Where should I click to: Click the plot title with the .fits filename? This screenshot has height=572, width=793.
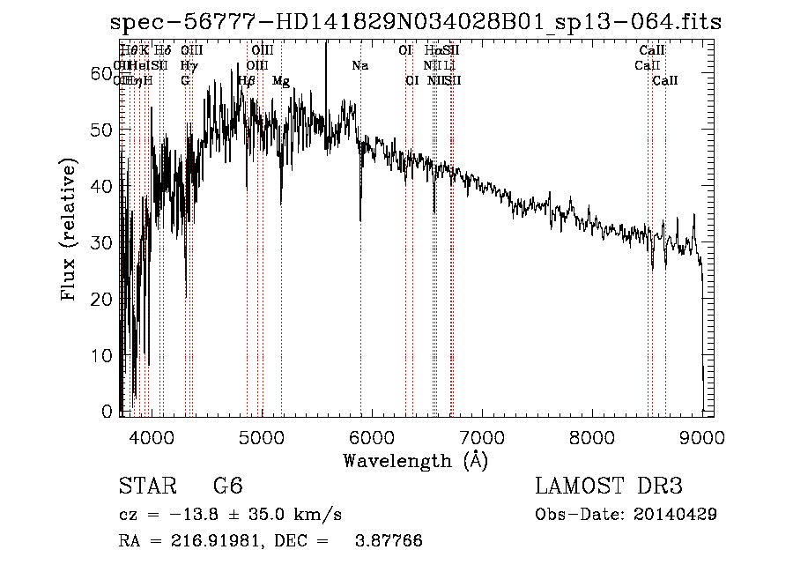tap(416, 23)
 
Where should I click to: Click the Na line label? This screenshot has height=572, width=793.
tap(359, 66)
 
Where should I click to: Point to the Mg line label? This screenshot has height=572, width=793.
tap(280, 81)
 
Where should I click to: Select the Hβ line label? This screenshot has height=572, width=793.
tap(247, 81)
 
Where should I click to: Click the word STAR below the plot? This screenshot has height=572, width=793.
tap(143, 487)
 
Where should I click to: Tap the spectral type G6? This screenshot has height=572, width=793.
tap(227, 487)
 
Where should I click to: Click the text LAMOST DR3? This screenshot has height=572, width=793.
tap(609, 487)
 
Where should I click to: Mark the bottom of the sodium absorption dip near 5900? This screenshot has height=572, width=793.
tap(360, 219)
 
